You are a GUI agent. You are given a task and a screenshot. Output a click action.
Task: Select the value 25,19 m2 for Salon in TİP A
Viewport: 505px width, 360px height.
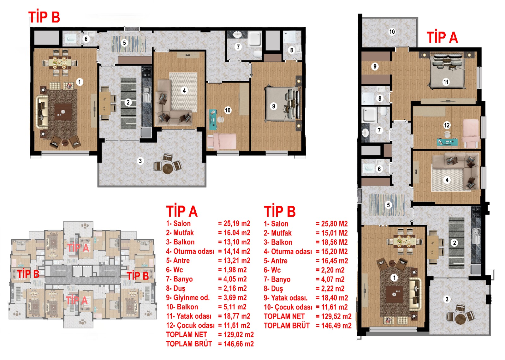pos(234,224)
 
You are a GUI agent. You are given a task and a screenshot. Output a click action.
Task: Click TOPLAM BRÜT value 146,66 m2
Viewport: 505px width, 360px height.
pos(236,344)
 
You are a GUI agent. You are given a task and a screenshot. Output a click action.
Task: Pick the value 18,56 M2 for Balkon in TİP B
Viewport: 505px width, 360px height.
pos(332,242)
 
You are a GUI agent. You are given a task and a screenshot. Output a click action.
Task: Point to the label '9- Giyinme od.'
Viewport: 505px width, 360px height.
pos(188,298)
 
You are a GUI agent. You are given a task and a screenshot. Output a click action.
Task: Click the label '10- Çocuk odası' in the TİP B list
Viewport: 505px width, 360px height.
pos(288,307)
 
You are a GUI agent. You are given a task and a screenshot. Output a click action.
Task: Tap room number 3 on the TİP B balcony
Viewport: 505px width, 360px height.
pos(140,161)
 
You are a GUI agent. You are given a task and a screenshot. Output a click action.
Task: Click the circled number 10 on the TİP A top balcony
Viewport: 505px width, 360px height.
pos(392,32)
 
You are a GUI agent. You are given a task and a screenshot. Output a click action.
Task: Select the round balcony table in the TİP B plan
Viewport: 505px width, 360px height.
pos(168,168)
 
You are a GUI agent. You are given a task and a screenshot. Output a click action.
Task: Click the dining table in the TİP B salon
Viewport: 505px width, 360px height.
pos(60,62)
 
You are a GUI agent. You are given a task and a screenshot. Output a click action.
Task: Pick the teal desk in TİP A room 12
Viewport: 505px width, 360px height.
pos(447,142)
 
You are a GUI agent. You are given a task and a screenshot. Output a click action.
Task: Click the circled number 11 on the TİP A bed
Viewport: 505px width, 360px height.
pos(446,82)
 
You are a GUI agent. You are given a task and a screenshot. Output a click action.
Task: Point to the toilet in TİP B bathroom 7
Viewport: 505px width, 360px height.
pos(258,54)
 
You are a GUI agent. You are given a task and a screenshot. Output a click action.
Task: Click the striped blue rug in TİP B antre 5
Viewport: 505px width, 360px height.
pos(128,44)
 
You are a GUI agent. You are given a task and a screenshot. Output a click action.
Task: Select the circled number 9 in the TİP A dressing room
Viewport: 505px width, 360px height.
pos(375,66)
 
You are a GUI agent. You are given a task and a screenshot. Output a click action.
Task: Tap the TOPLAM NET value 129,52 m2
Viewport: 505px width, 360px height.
pos(333,316)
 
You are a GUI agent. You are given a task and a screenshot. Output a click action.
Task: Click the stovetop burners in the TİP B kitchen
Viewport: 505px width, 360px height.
pos(146,71)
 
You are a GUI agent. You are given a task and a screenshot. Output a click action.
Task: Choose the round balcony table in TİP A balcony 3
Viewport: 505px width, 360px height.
pos(460,319)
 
